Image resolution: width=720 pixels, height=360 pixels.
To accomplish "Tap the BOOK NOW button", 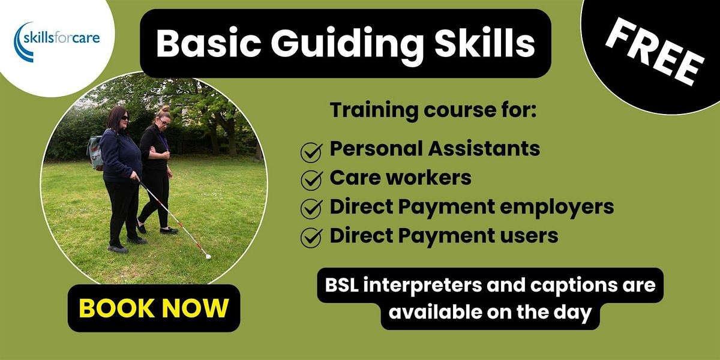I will (154, 308).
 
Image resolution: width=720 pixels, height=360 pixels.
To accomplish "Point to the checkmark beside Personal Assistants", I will (311, 152).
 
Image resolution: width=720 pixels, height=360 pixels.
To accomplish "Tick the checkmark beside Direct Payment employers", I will (311, 209).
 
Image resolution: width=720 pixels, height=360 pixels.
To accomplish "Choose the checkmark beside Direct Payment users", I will (311, 238).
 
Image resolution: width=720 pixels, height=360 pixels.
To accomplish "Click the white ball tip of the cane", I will (208, 257).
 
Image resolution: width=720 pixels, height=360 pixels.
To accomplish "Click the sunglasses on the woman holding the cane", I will (122, 118).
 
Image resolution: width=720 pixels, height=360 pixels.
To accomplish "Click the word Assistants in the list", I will (482, 149).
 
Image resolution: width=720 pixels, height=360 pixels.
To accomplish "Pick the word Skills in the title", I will (484, 43).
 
